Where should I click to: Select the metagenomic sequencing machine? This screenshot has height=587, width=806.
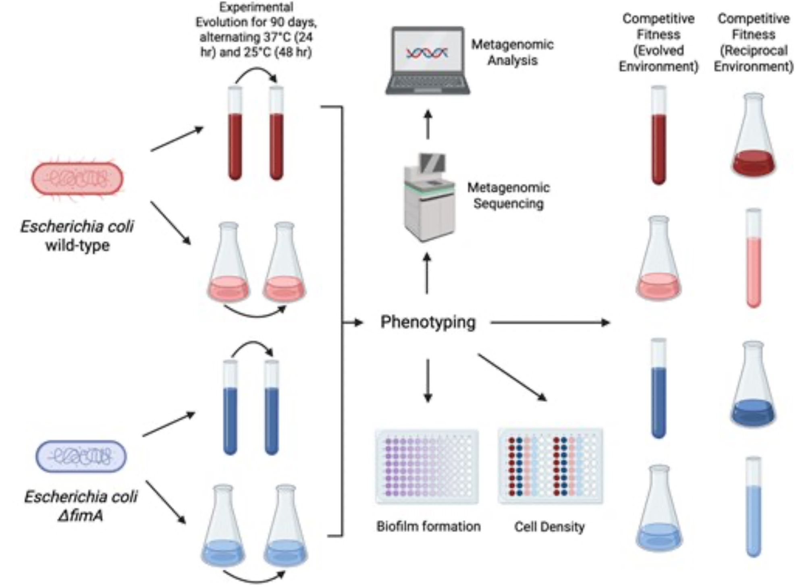tap(430, 197)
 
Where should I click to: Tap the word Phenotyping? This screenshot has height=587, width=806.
tap(428, 322)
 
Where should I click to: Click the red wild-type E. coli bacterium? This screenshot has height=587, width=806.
tap(77, 178)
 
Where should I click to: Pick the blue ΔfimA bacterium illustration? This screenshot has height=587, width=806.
tap(81, 456)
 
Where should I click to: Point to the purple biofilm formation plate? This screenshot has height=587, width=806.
tap(427, 467)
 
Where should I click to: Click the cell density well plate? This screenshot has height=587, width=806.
tap(550, 467)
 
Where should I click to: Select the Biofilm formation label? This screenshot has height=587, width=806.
tap(428, 527)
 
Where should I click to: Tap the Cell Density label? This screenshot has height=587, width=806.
tap(549, 527)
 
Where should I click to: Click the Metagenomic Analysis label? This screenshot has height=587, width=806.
tap(512, 52)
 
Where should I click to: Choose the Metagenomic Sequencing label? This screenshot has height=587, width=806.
tap(509, 195)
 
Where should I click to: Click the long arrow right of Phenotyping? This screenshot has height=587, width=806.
tap(550, 322)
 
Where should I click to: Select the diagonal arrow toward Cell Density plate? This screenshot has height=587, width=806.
tap(512, 377)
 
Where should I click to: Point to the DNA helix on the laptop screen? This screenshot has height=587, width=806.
tap(427, 53)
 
